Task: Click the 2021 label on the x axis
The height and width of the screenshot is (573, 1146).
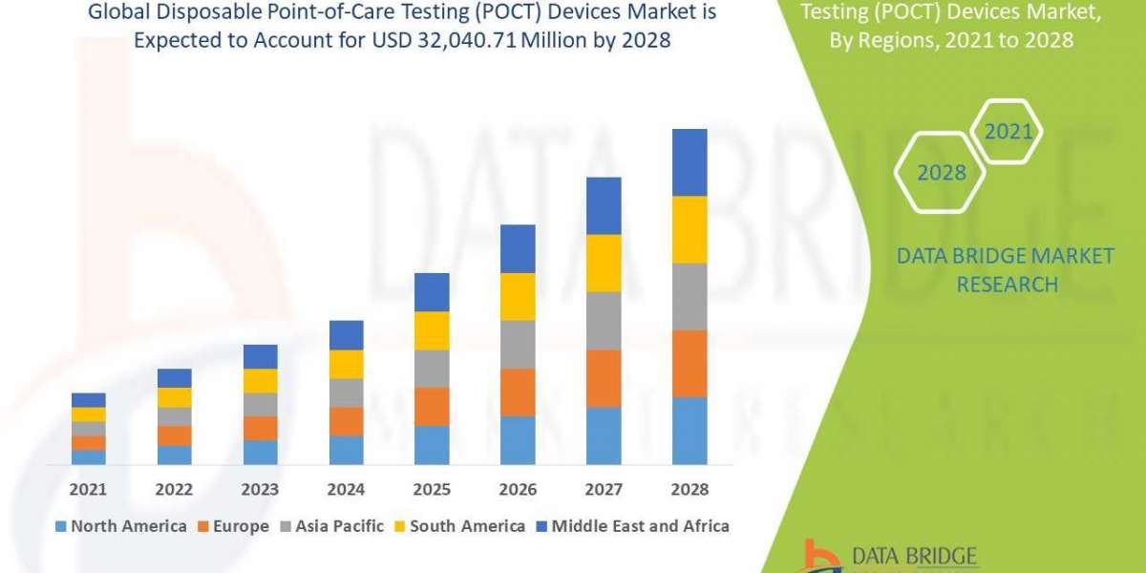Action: (89, 489)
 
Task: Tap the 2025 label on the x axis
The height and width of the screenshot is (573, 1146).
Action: (432, 489)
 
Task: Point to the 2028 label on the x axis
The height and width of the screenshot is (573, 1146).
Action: (690, 489)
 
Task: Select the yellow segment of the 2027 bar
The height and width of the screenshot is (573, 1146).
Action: (604, 263)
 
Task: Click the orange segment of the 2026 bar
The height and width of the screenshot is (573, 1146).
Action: (518, 392)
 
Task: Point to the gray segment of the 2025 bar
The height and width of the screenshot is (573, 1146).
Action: (432, 368)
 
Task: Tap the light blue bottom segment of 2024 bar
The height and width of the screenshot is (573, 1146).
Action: (347, 450)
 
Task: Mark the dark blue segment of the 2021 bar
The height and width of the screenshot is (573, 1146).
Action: (89, 399)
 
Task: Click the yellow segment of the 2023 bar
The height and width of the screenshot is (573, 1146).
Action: (261, 380)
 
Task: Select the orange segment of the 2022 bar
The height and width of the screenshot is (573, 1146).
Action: (175, 435)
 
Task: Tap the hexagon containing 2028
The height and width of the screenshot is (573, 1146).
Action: (940, 173)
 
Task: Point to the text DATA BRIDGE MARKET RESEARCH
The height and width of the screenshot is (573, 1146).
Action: (1006, 269)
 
